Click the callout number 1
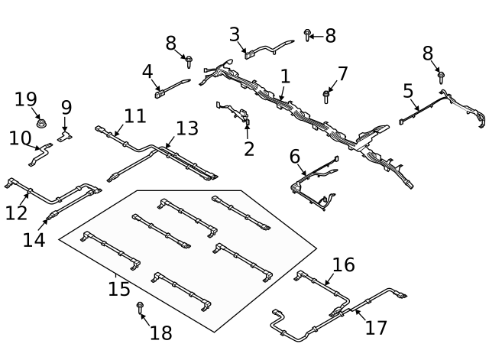[x=285, y=76]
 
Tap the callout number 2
[x=249, y=148]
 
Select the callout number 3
[x=235, y=34]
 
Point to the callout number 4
[x=147, y=72]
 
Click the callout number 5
[x=409, y=91]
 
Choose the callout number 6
[x=295, y=157]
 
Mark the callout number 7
[x=342, y=74]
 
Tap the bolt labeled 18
[x=141, y=307]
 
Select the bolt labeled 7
[x=326, y=96]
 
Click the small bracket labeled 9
[x=66, y=135]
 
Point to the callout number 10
[x=20, y=138]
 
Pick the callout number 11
[x=134, y=116]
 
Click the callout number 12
[x=16, y=212]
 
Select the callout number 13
[x=186, y=128]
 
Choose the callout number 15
[x=119, y=289]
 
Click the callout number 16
[x=344, y=265]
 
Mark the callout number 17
[x=376, y=327]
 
